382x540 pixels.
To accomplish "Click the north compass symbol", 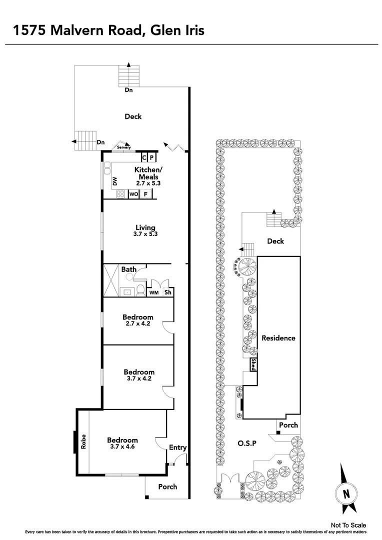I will [x=345, y=492].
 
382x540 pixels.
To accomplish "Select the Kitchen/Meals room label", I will [x=146, y=173].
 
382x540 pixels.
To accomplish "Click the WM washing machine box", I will [x=154, y=293].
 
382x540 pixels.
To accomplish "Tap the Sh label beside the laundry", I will [x=168, y=293].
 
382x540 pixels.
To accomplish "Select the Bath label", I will [x=129, y=269].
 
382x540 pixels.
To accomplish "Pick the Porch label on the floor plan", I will [x=167, y=486].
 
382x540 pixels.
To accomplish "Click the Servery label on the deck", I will [x=124, y=147].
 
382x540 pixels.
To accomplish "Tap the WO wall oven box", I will [x=133, y=194].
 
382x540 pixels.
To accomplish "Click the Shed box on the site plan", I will [x=253, y=364].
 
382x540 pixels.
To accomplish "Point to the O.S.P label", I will [x=247, y=443].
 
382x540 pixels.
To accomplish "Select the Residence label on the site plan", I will [x=278, y=338].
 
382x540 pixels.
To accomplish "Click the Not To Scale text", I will [x=348, y=525].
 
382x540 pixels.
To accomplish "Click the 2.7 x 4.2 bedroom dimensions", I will [x=138, y=324].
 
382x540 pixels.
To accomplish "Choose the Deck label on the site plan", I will [x=275, y=241].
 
